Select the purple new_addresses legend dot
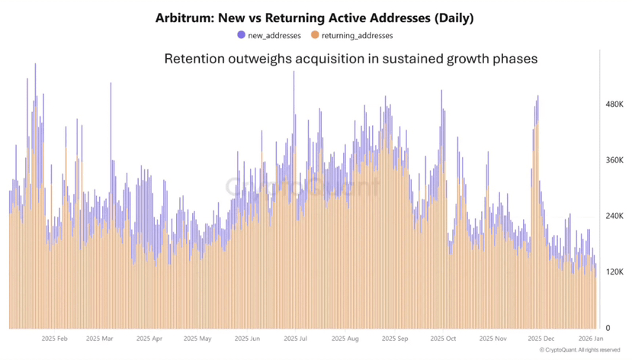[242, 35]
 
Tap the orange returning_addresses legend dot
[316, 35]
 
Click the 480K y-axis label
[614, 104]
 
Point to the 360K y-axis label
[614, 160]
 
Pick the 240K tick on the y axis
[614, 216]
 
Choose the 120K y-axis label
[614, 272]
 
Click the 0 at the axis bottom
[608, 328]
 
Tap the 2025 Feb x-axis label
[55, 338]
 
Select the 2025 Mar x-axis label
[99, 338]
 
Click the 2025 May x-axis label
[197, 338]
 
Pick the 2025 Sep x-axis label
[395, 338]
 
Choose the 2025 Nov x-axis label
[492, 338]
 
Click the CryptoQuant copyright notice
[580, 350]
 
